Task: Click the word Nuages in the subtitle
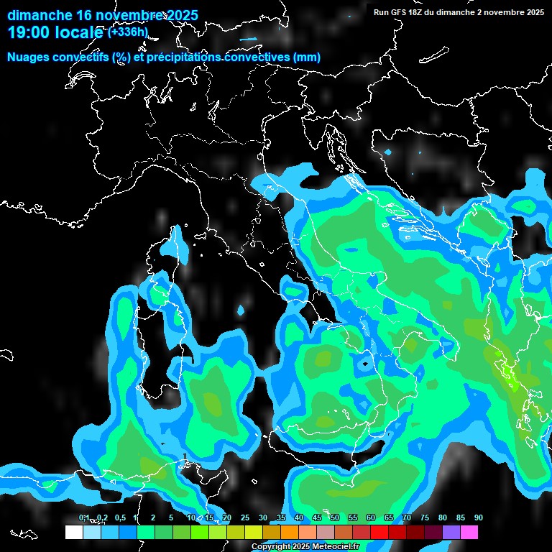(x=29, y=57)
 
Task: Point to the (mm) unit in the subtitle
(x=307, y=57)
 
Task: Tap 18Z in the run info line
(x=416, y=12)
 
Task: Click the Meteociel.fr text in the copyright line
(x=345, y=547)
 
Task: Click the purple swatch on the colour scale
(x=451, y=532)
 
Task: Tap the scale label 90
(x=478, y=518)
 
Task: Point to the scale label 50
(x=335, y=518)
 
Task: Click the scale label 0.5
(x=119, y=518)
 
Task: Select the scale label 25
(x=245, y=518)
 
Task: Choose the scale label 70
(x=407, y=518)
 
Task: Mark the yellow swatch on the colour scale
(x=254, y=532)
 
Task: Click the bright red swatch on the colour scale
(x=379, y=532)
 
